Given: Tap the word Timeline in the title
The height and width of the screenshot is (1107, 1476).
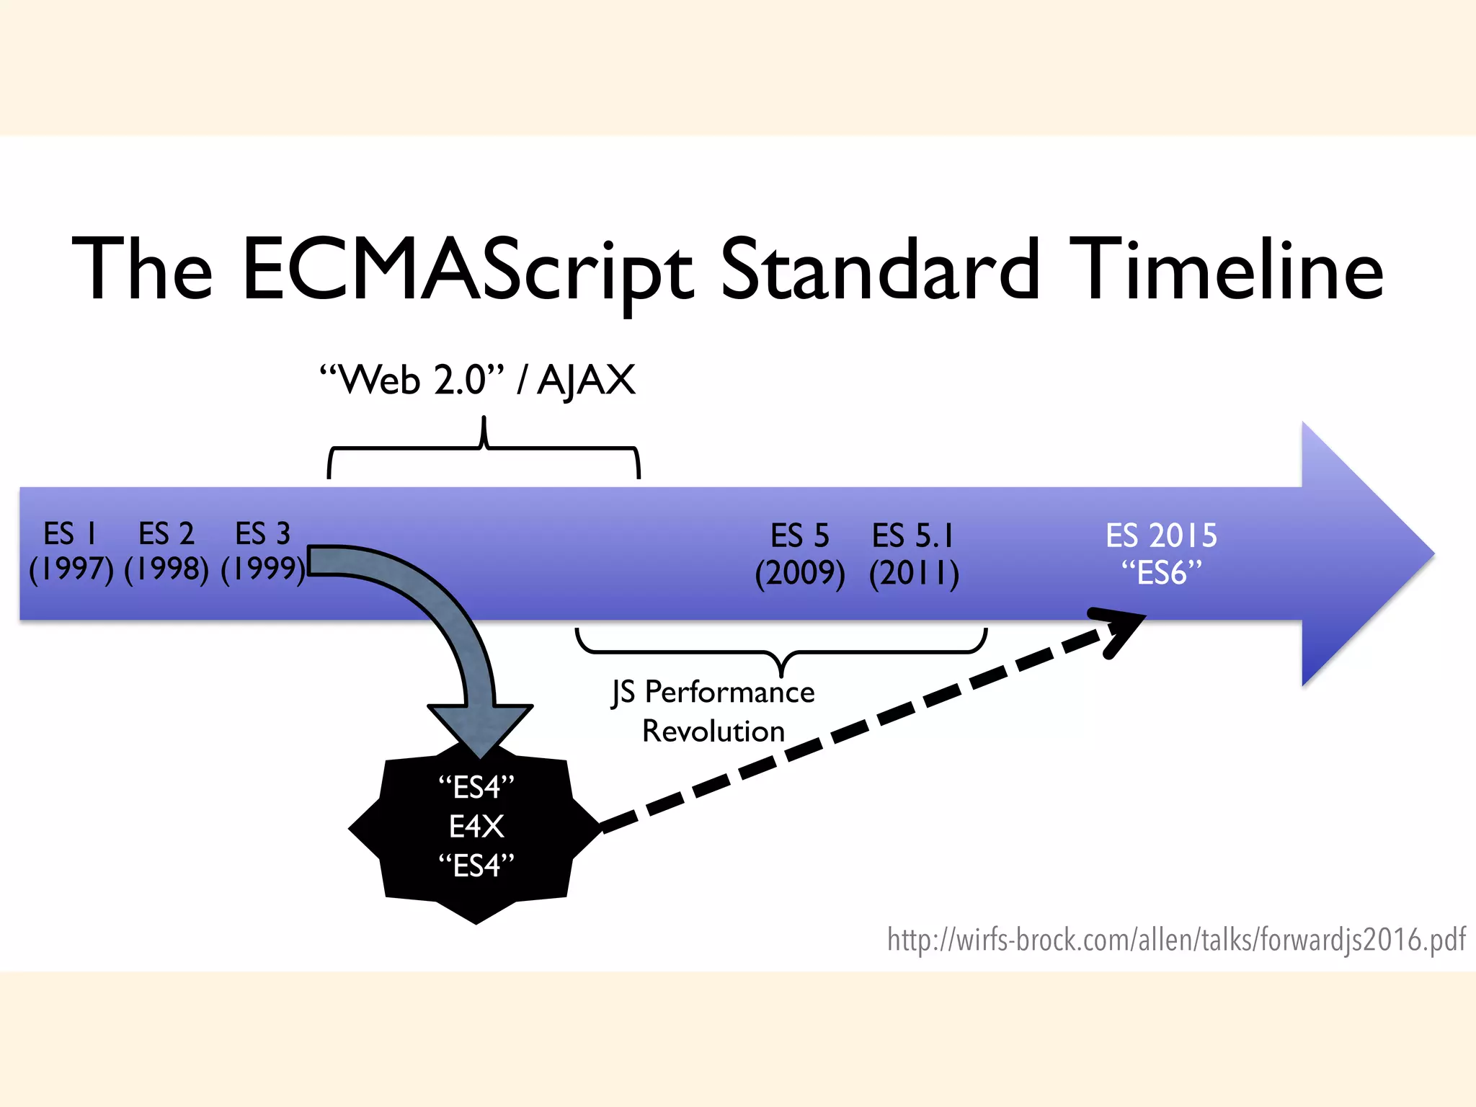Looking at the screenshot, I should pos(1225,268).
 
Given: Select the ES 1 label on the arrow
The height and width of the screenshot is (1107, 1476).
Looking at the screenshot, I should pos(70,534).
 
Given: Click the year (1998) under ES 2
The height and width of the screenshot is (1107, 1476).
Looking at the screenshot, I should pos(166,569).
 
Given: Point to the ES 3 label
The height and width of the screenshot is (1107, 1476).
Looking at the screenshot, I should pos(262,534).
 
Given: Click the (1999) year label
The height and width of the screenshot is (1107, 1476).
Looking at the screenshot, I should pos(263,569).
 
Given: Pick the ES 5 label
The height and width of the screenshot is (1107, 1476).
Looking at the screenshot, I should pos(799,536).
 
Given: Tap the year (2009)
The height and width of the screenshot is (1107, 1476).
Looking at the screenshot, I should pos(799,574).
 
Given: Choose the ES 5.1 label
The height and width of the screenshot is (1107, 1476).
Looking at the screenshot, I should pos(912,536).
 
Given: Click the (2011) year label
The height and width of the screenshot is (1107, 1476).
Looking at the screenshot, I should pos(914,574).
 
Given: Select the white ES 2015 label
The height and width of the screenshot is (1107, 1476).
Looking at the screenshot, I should pos(1161,536).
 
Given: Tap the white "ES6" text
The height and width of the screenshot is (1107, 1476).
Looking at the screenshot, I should pos(1161,574).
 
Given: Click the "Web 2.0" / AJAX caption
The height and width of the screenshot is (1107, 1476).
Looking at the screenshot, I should pos(477,380).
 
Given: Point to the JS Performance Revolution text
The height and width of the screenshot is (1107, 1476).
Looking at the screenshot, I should pos(713,711).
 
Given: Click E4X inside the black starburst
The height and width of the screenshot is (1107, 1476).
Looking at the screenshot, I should pos(476,827).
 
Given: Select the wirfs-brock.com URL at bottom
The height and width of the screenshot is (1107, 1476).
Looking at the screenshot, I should pos(1175,940).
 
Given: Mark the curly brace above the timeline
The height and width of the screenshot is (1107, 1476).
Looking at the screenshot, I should pos(484,448).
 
